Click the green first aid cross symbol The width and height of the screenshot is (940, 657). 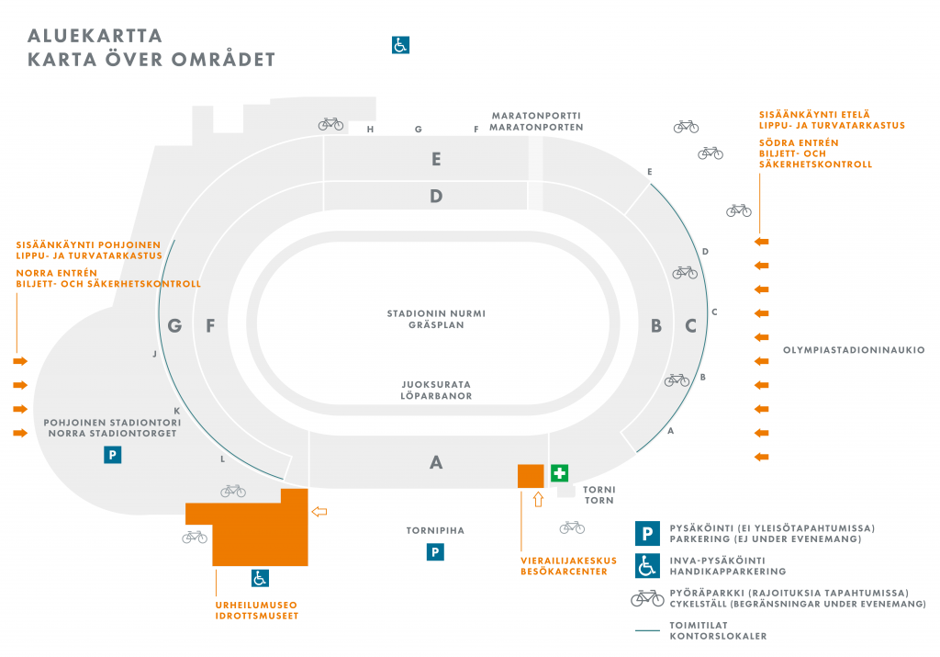[x=559, y=473]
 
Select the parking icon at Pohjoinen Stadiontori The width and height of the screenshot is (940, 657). [x=112, y=454]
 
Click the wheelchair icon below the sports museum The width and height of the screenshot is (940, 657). [x=261, y=578]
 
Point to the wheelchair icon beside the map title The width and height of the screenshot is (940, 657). [x=401, y=44]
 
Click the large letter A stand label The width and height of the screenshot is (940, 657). [x=436, y=462]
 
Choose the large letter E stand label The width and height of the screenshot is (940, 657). [x=437, y=159]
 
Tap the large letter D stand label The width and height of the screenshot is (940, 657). [x=436, y=196]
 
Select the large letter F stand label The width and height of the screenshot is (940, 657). [x=210, y=325]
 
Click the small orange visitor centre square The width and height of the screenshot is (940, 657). [x=531, y=476]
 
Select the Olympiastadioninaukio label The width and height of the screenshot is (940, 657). [x=854, y=350]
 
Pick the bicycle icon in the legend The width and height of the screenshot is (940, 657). [x=647, y=597]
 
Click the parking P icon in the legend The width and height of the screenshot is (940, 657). [x=647, y=533]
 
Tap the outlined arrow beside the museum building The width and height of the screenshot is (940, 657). [x=319, y=511]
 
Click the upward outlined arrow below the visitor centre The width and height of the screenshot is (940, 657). [x=538, y=500]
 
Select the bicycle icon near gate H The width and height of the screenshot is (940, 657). [x=331, y=124]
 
